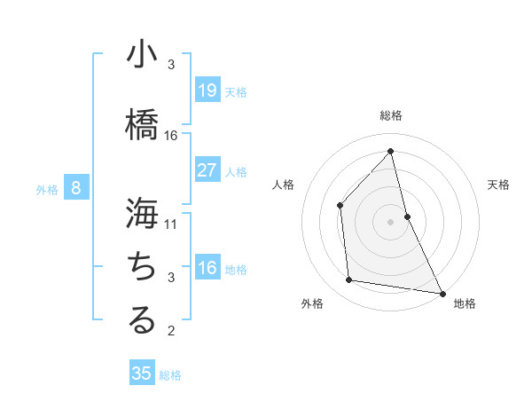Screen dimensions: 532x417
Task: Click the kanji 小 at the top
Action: (x=142, y=54)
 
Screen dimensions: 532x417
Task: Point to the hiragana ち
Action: (x=142, y=265)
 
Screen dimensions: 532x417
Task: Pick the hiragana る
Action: (x=142, y=319)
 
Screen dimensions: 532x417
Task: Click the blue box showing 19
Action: (x=207, y=90)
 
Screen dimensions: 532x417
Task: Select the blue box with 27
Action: (x=207, y=170)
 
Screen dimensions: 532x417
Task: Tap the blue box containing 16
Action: (x=207, y=268)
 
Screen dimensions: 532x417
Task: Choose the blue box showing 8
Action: (x=76, y=188)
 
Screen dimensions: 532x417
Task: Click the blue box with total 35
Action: (x=142, y=374)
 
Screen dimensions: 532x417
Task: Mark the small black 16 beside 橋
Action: (x=171, y=135)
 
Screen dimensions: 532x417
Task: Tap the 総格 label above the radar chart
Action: (x=391, y=115)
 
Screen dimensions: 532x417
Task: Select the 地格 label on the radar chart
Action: (x=465, y=303)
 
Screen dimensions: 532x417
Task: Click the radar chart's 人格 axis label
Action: (x=284, y=185)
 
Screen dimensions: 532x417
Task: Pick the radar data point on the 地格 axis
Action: (x=442, y=292)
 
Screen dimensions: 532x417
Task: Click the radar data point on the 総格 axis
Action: (x=391, y=151)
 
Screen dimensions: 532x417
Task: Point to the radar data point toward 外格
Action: (x=349, y=280)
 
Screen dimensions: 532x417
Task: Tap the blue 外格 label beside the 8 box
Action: (x=46, y=189)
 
